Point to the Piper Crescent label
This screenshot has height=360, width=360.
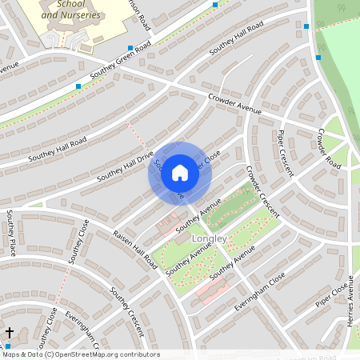(x=286, y=153)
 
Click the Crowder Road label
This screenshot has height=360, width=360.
(x=329, y=147)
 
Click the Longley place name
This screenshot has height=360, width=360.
(x=210, y=238)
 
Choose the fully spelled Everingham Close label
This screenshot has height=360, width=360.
(x=259, y=293)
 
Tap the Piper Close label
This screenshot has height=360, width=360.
(x=333, y=294)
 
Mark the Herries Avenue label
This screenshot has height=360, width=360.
(x=350, y=313)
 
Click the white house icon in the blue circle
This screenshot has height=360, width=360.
(x=180, y=173)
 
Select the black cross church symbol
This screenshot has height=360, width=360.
(x=10, y=332)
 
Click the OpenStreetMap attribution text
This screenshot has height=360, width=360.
(x=80, y=354)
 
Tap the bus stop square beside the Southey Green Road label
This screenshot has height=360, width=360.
(x=78, y=86)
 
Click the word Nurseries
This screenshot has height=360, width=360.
(x=91, y=14)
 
